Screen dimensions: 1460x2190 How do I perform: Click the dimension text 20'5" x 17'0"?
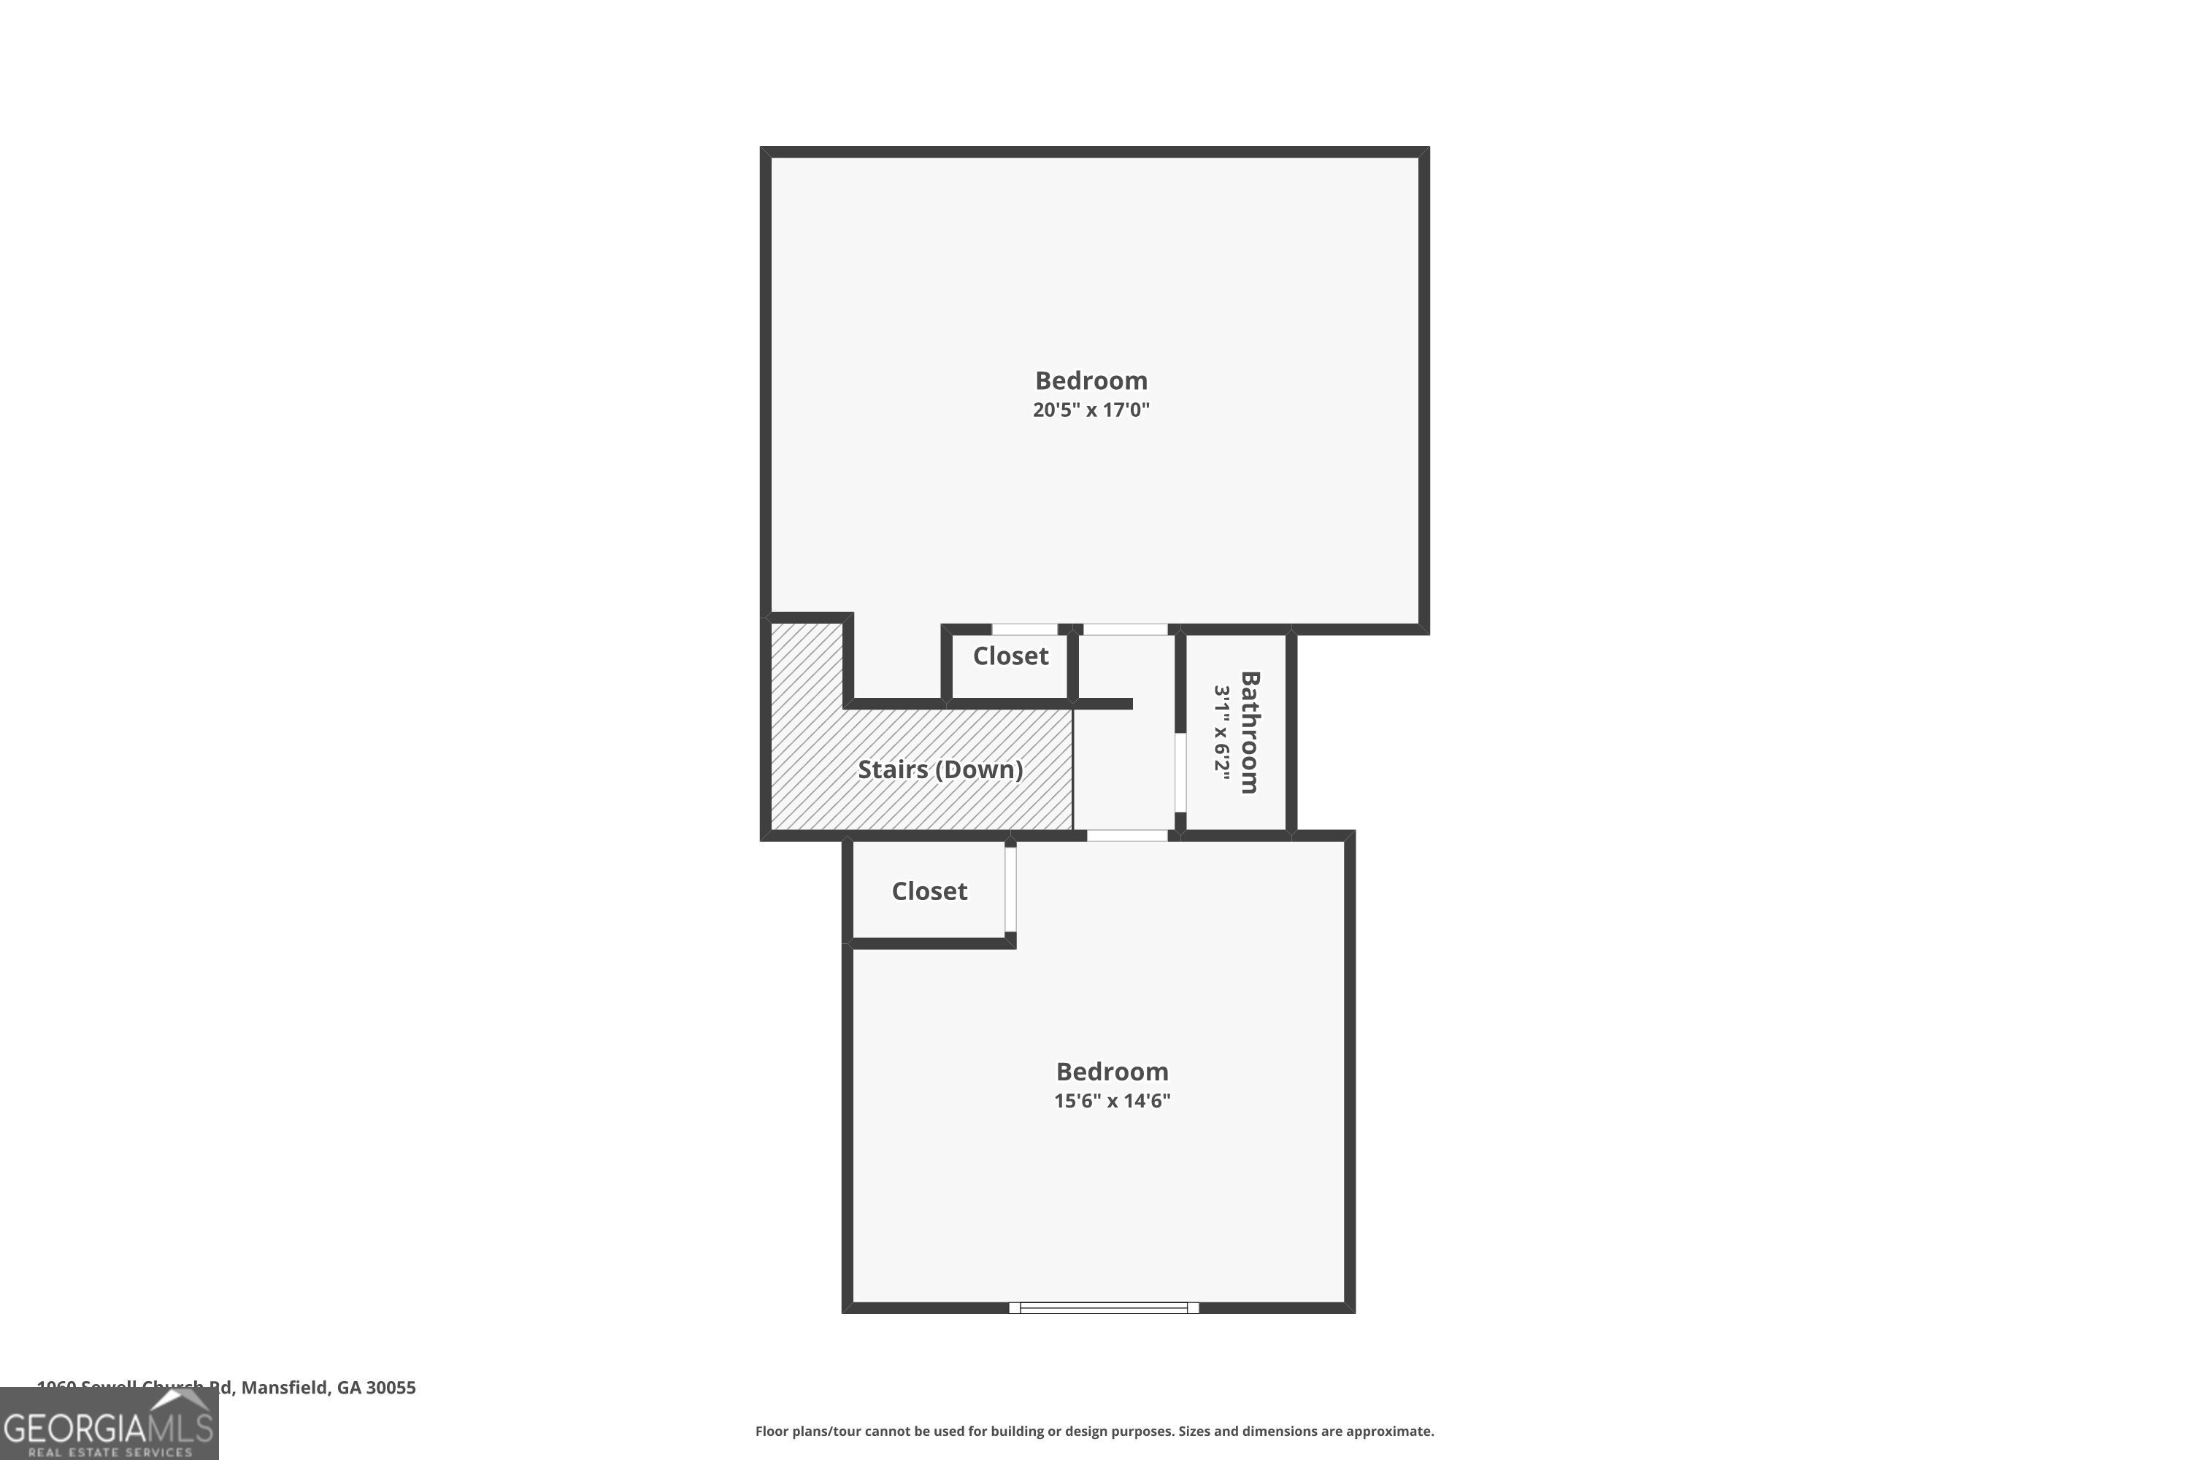[x=1091, y=410]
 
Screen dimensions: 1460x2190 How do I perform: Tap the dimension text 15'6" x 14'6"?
[x=1112, y=1101]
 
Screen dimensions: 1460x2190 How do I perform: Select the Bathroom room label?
[x=1250, y=732]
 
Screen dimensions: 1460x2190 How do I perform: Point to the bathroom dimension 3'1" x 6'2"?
[x=1221, y=732]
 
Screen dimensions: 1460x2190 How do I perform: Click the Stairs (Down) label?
[x=940, y=769]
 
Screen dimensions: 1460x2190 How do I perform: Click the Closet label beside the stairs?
[x=1010, y=656]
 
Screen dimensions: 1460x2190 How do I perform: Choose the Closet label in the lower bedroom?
[x=929, y=891]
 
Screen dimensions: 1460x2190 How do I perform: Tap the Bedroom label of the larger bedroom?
[x=1091, y=381]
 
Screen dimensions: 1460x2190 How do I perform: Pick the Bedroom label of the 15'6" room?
[x=1112, y=1072]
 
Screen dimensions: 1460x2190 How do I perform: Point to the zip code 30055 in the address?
[x=391, y=1388]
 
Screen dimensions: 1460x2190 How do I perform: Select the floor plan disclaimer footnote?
[x=1094, y=1431]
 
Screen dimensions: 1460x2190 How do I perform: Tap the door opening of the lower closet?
[x=1010, y=889]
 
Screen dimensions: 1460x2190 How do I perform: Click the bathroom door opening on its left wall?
[x=1180, y=773]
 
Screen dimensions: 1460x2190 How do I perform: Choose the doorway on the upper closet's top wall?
[x=1024, y=629]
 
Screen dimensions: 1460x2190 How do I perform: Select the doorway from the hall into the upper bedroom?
[x=1125, y=629]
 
